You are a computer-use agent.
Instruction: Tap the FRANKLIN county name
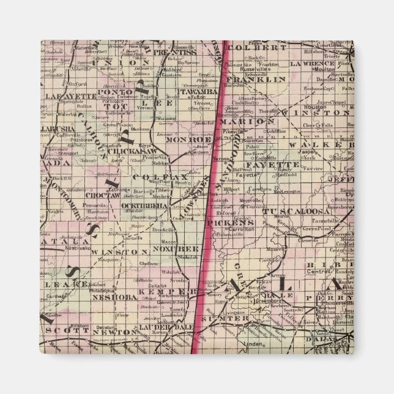click(247, 80)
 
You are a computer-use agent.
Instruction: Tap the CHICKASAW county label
click(132, 151)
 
